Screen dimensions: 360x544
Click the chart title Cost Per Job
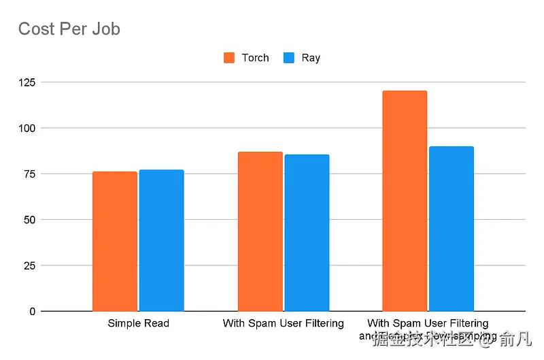click(69, 29)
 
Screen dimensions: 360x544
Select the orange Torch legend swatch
click(229, 58)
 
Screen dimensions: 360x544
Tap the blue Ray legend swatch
click(289, 58)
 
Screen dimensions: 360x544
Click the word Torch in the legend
click(255, 58)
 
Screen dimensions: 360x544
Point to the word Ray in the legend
click(311, 58)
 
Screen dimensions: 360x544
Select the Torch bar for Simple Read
click(115, 241)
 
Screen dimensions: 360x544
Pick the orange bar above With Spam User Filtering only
click(260, 231)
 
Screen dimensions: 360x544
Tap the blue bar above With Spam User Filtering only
click(307, 233)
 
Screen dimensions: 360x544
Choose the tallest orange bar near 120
click(405, 201)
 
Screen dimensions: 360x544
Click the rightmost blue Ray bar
click(451, 229)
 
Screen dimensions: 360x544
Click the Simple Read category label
click(138, 323)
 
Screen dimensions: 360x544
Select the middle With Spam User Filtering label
click(283, 323)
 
